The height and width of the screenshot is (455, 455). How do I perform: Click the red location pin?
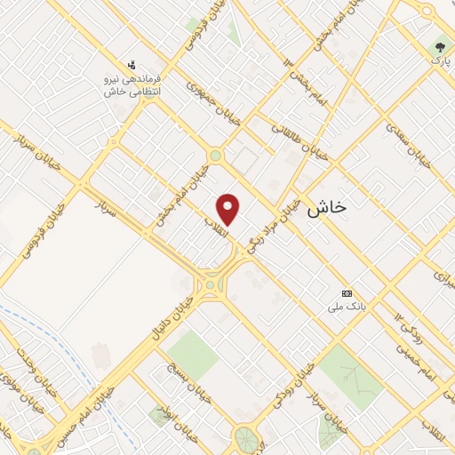point(229,209)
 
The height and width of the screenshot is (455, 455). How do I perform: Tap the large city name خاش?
point(327,210)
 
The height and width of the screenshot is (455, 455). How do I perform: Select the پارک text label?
point(437,60)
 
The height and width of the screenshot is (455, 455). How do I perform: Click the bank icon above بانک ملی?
point(347,293)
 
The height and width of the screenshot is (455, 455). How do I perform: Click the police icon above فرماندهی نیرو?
point(132,65)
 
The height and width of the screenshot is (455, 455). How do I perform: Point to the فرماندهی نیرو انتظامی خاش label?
point(132,85)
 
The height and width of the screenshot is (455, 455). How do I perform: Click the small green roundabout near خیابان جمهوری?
point(215,156)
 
